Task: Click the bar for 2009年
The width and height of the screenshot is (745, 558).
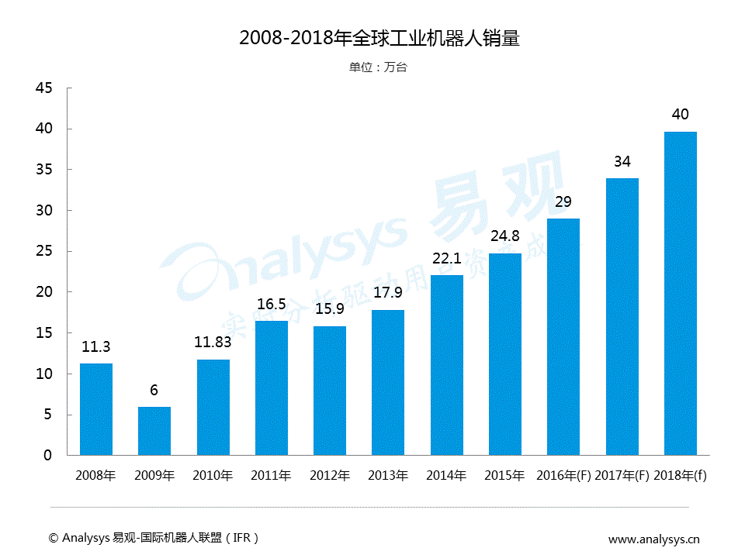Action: tap(154, 431)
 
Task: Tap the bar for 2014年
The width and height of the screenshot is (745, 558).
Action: tap(447, 365)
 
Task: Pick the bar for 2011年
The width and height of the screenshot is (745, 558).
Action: tap(272, 387)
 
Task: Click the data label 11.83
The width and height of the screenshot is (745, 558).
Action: tap(213, 343)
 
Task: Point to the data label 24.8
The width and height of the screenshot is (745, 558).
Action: tap(505, 236)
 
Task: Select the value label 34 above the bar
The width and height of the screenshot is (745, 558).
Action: tap(622, 162)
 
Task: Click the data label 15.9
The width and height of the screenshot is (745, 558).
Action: tap(330, 309)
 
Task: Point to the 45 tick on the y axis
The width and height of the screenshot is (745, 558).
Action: tap(43, 88)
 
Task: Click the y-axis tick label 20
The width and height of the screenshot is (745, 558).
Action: tap(43, 292)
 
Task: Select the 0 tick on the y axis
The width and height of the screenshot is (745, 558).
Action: tap(47, 456)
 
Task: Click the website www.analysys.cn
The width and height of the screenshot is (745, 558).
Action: tap(653, 539)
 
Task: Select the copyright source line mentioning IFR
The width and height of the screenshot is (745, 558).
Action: tap(153, 538)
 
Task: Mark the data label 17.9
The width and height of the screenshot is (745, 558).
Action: tap(388, 293)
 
